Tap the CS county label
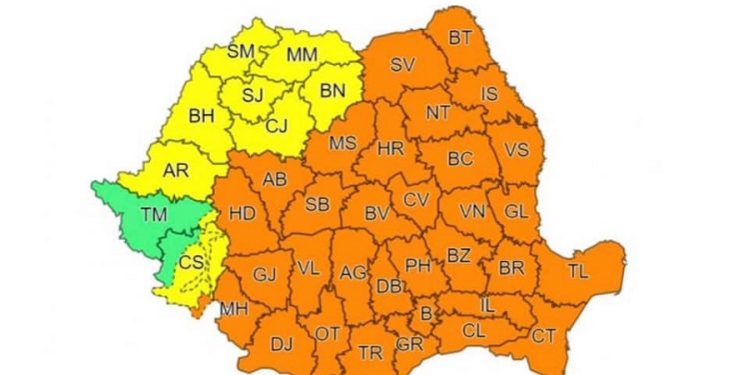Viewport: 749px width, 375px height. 189,262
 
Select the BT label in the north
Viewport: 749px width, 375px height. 460,38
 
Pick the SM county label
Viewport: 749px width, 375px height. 241,51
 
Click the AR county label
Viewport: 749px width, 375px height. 176,170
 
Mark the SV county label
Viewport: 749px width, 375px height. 401,65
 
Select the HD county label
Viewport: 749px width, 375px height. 243,213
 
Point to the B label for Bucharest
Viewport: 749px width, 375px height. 426,314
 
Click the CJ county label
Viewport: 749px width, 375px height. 279,126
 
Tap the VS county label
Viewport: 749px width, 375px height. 516,149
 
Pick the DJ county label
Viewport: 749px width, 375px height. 282,344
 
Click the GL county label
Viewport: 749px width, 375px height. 515,211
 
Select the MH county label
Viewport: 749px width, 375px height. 234,309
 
